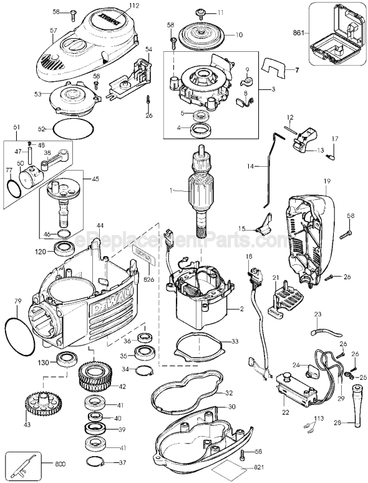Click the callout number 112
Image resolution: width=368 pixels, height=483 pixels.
[133, 6]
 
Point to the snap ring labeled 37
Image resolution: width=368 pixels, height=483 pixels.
[94, 462]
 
